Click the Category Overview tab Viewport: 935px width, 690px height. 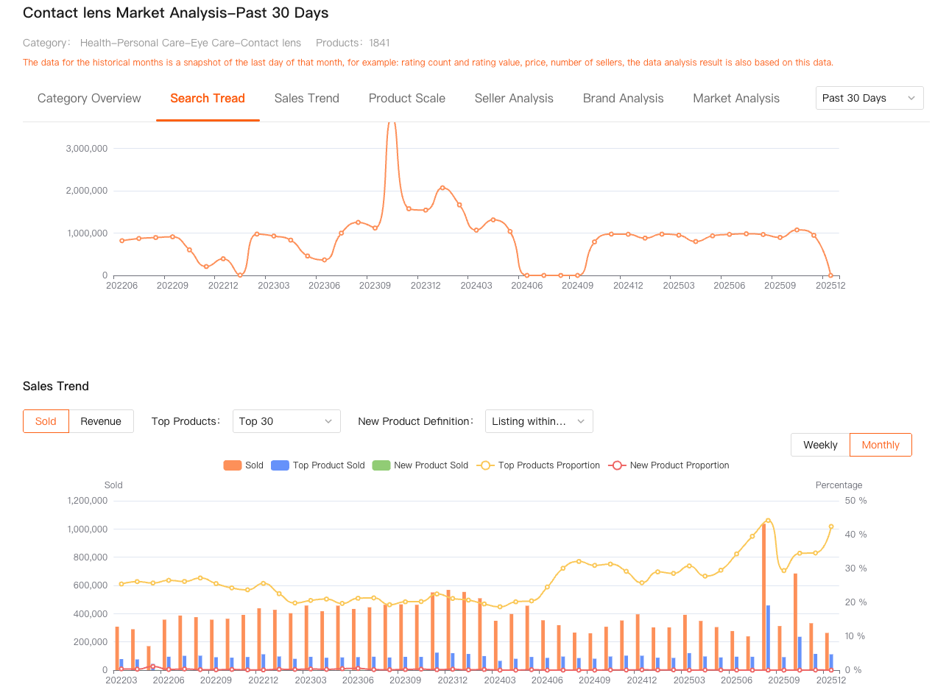89,98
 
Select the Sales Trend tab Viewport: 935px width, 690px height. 306,98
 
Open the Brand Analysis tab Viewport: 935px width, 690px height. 623,98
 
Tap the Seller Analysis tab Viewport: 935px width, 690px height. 514,98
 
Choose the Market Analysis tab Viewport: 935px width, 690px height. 736,98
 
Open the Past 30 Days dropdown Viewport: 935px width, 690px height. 869,98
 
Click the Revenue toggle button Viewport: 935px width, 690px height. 101,421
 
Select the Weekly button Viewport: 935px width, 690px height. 820,445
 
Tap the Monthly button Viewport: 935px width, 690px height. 881,445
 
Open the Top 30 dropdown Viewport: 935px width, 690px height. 286,421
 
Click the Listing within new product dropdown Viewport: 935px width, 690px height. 539,421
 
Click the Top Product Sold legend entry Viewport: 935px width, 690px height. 318,465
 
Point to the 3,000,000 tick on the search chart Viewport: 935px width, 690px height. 87,148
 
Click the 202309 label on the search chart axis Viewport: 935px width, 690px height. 375,285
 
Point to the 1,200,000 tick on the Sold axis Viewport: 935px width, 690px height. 88,501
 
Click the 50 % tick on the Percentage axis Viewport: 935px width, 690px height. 855,501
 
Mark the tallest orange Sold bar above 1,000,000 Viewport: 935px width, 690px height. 763,596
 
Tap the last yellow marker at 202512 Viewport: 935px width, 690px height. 831,527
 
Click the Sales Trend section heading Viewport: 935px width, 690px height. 56,386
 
